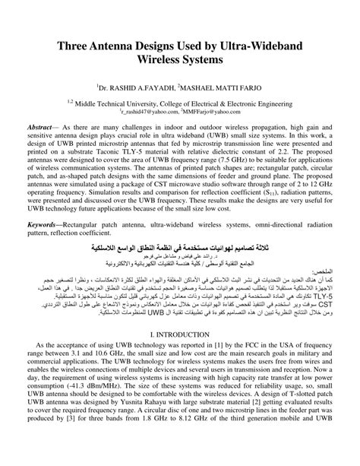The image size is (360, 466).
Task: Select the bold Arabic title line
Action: pyautogui.click(x=180, y=248)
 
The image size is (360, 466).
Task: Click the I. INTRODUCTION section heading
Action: pyautogui.click(x=180, y=334)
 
